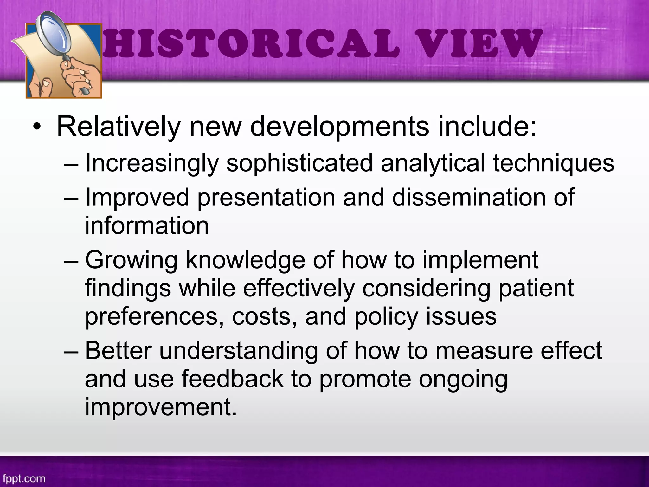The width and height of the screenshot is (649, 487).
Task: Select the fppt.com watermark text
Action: (24, 478)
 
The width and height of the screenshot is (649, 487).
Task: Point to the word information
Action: (147, 225)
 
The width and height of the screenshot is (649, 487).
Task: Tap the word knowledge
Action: (245, 260)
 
